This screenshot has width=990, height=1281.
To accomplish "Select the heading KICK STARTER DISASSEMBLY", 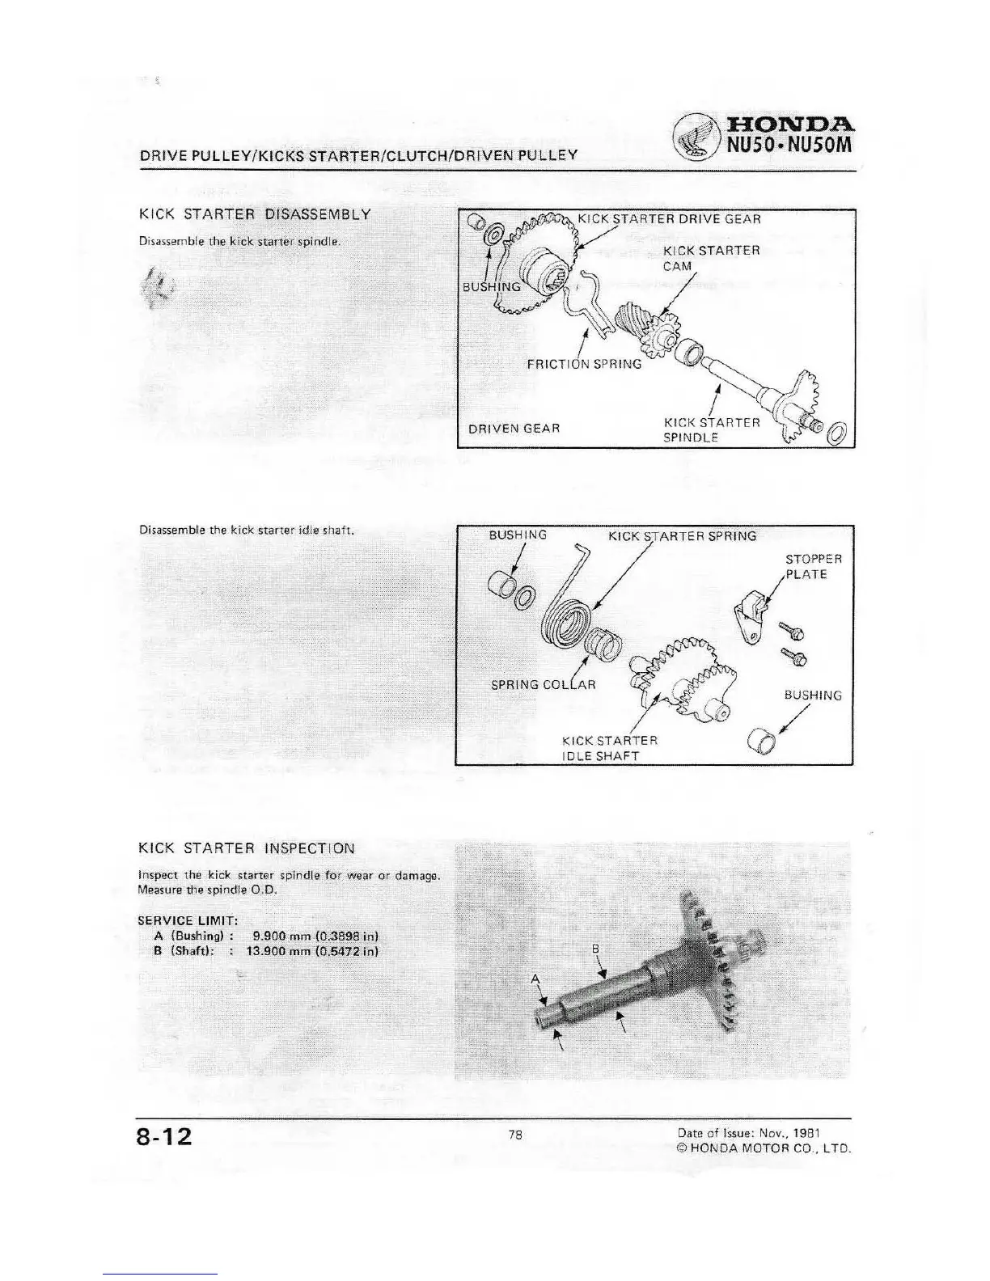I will point(256,214).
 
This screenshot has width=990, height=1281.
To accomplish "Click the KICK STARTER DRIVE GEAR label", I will point(669,218).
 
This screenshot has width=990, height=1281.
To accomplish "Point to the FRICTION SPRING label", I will point(584,364).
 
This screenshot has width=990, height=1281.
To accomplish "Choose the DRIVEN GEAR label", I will point(514,428).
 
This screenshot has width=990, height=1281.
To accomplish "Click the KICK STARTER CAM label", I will point(711,258).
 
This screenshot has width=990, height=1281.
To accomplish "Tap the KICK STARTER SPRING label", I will point(682,535).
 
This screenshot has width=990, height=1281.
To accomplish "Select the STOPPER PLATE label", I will point(813,567).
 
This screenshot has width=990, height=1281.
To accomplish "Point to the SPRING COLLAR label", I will point(544,684).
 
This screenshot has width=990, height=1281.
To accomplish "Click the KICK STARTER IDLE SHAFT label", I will point(609,748).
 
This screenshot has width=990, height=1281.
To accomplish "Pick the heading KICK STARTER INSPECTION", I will point(247,848).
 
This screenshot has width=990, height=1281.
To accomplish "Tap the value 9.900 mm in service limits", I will point(277,936).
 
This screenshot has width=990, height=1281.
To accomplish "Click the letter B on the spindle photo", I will point(595,947).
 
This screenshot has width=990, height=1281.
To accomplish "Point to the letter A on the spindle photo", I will point(535,979).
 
